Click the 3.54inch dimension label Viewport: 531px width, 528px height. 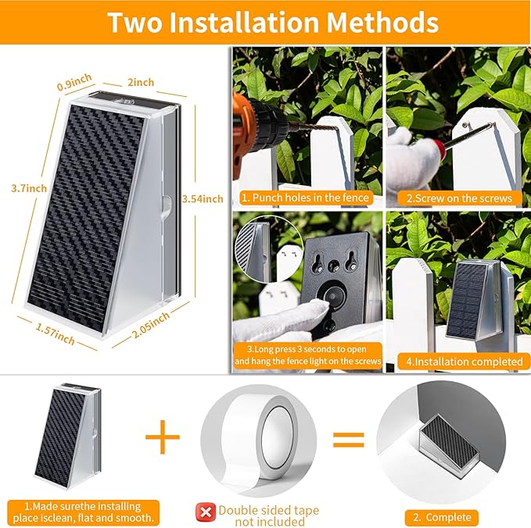click(x=202, y=199)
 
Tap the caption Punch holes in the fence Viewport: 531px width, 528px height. click(x=307, y=197)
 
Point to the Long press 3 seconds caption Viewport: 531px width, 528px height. click(x=307, y=354)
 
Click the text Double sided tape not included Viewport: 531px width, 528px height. click(x=268, y=516)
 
